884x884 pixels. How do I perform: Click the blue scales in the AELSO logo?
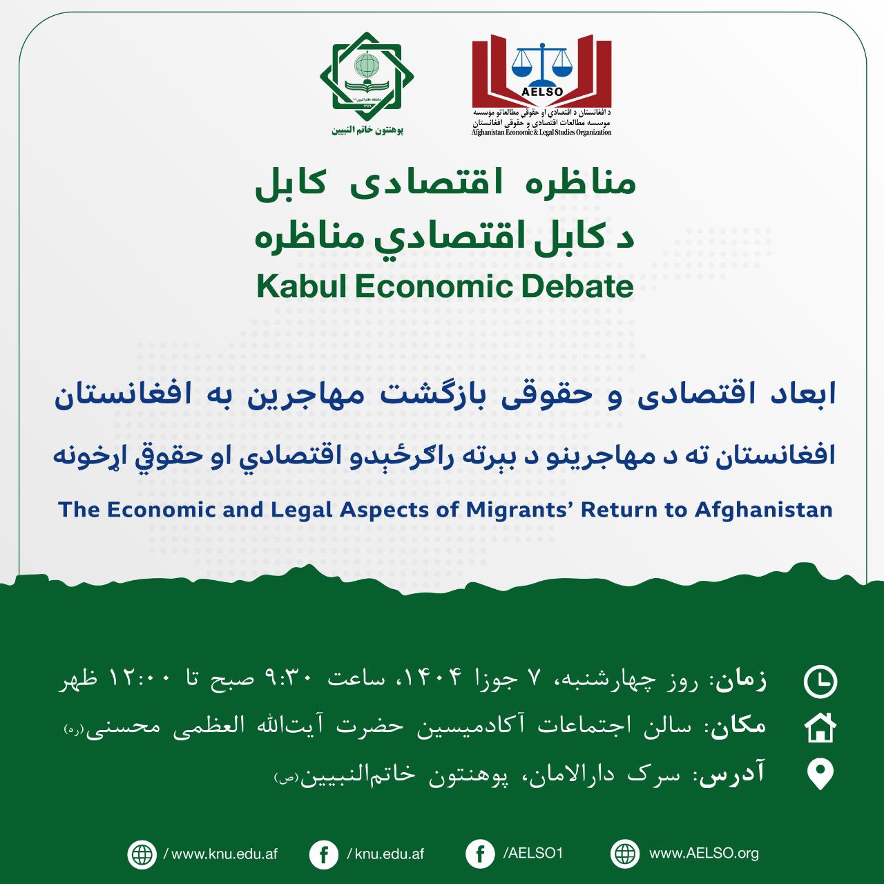point(541,63)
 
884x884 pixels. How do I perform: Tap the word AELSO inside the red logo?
point(541,91)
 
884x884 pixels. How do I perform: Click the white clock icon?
point(820,682)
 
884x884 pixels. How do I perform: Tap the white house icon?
point(820,727)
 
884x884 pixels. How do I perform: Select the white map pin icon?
point(820,775)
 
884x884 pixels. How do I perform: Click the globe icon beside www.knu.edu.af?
point(142,854)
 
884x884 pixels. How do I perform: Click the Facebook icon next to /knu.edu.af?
point(324,854)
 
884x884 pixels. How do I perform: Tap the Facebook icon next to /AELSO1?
point(480,854)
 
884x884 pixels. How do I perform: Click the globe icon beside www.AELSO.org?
point(625,854)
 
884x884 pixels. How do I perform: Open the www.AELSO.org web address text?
point(704,854)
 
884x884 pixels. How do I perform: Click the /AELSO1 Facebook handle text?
point(532,854)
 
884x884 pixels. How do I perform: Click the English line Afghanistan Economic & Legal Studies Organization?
point(541,133)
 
